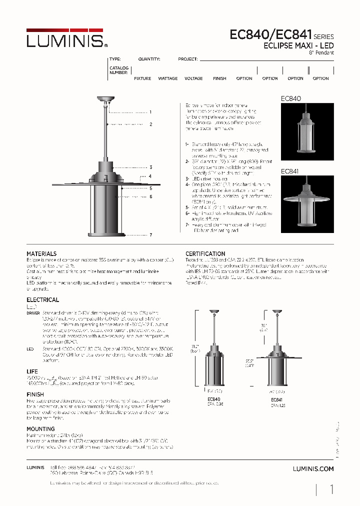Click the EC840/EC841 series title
[270, 35]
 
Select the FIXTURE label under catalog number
[142, 78]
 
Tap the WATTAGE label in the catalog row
[168, 78]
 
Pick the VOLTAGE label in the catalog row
[193, 78]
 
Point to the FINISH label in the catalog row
[219, 78]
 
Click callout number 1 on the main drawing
[150, 112]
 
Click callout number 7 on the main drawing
[150, 234]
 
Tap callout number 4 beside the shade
[149, 176]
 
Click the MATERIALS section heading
[41, 254]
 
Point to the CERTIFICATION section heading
[205, 254]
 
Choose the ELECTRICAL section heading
[42, 300]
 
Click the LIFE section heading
[32, 372]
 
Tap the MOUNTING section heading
[40, 429]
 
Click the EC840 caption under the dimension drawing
[213, 399]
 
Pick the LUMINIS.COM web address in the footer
[312, 469]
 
